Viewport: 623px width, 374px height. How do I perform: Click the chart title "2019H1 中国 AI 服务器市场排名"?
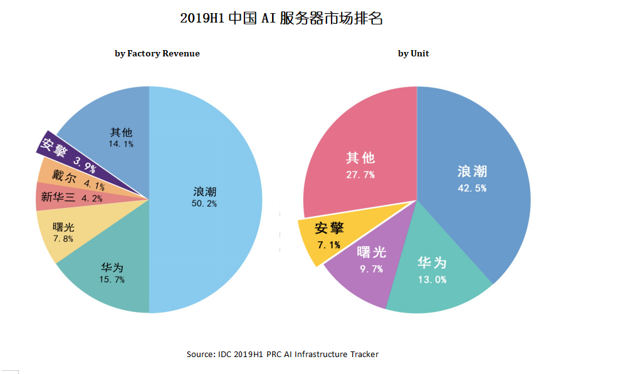tap(281, 18)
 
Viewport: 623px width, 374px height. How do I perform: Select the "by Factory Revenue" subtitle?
tap(157, 53)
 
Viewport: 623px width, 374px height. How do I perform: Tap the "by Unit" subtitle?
tap(413, 53)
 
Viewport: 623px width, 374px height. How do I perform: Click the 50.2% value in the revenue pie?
tap(204, 204)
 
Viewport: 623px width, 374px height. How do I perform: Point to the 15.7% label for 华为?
tap(112, 279)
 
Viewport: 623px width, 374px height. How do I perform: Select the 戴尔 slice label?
tap(64, 177)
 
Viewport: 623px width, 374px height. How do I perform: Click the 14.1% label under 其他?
tap(121, 143)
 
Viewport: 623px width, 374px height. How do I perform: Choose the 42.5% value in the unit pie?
tap(472, 188)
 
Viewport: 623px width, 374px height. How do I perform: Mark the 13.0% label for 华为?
tap(432, 279)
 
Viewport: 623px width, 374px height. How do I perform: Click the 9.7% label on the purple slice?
tap(372, 269)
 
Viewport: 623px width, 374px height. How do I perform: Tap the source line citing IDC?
tap(282, 354)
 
